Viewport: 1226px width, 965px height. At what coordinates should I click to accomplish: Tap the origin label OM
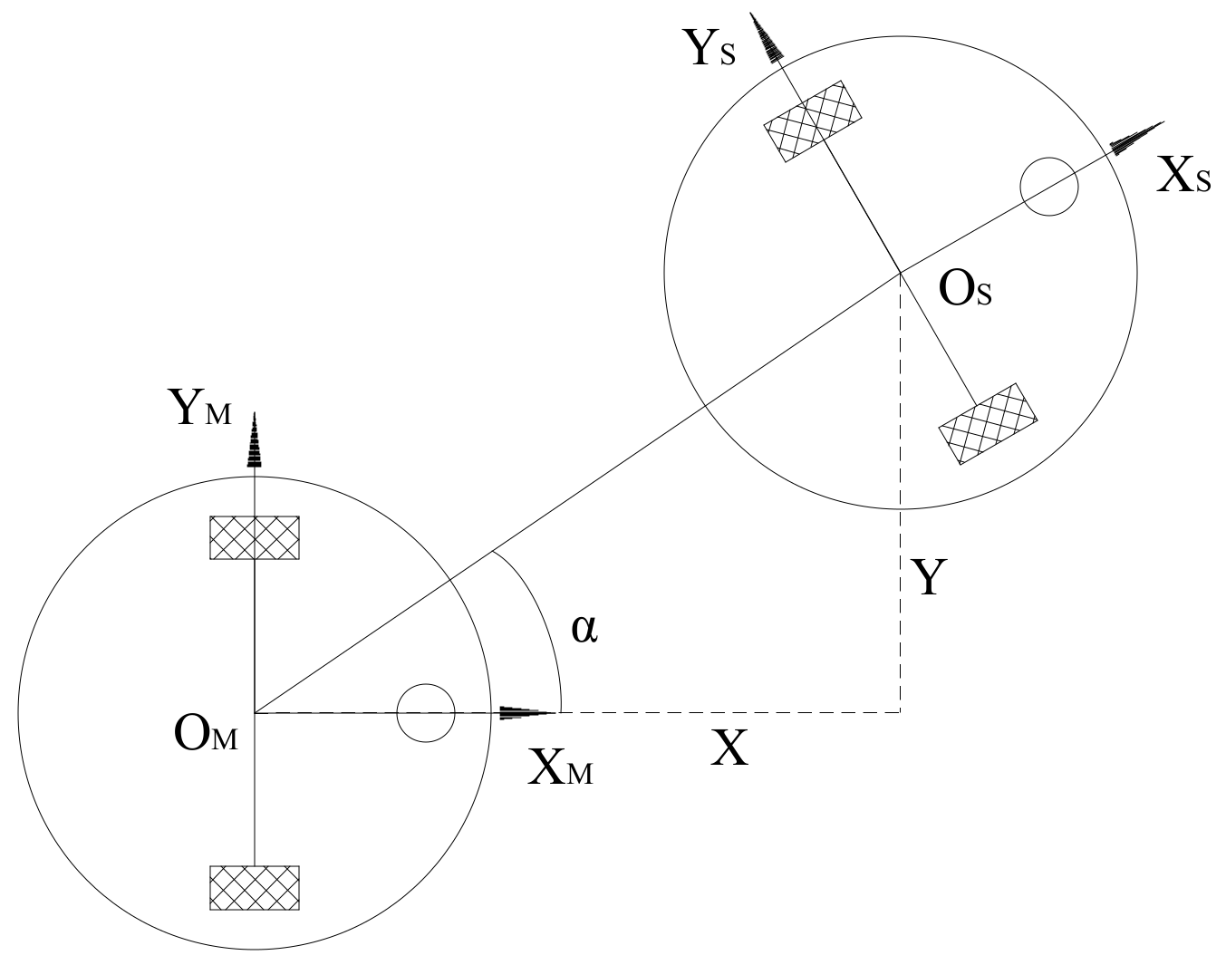pyautogui.click(x=205, y=735)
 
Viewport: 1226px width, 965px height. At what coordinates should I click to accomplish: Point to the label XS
pyautogui.click(x=1183, y=178)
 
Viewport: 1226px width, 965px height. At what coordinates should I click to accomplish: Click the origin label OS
pyautogui.click(x=965, y=291)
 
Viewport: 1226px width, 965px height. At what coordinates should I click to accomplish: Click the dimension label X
pyautogui.click(x=729, y=749)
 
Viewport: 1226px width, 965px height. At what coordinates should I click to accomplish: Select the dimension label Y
pyautogui.click(x=928, y=577)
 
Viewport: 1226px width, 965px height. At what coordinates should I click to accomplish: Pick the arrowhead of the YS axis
pyautogui.click(x=768, y=38)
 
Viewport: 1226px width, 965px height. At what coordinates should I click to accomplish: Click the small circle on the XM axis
pyautogui.click(x=425, y=713)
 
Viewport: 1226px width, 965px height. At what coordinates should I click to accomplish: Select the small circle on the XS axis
pyautogui.click(x=1048, y=187)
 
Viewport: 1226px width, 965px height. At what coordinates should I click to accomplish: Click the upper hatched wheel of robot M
pyautogui.click(x=255, y=537)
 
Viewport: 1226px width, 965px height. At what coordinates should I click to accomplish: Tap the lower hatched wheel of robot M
pyautogui.click(x=255, y=887)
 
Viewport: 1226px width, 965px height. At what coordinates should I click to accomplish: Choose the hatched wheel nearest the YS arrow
pyautogui.click(x=813, y=121)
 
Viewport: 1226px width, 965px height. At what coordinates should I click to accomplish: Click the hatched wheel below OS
pyautogui.click(x=987, y=423)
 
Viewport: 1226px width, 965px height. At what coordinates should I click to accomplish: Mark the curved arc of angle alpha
pyautogui.click(x=539, y=616)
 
